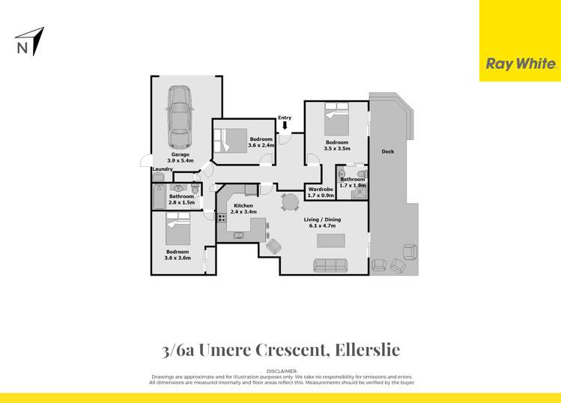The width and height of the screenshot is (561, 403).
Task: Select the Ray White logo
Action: pyautogui.click(x=521, y=64)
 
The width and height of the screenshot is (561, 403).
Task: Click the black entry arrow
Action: pyautogui.click(x=285, y=125)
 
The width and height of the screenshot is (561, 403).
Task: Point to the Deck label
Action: pyautogui.click(x=387, y=151)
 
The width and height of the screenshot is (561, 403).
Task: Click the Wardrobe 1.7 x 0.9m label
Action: pyautogui.click(x=321, y=193)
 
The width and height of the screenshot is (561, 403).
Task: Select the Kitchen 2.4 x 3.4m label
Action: pyautogui.click(x=244, y=208)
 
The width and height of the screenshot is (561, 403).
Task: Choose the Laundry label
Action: pyautogui.click(x=163, y=169)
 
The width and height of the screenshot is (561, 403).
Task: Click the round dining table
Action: pyautogui.click(x=289, y=202)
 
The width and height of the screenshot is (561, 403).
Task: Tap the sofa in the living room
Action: pyautogui.click(x=330, y=264)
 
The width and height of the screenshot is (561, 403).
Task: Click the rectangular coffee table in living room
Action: pyautogui.click(x=330, y=240)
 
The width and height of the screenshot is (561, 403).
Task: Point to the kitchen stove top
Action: pyautogui.click(x=222, y=218)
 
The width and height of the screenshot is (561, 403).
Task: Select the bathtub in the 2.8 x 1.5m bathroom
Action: pyautogui.click(x=157, y=199)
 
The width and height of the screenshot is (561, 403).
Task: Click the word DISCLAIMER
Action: pyautogui.click(x=282, y=371)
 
